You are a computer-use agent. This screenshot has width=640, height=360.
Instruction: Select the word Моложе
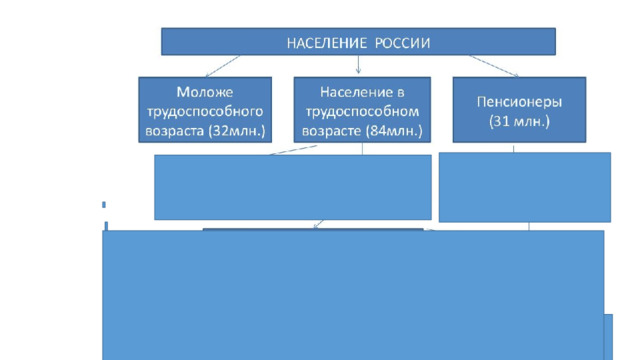[205, 92]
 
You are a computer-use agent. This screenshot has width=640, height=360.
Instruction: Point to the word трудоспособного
[205, 111]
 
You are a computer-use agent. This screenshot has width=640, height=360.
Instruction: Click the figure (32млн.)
[237, 131]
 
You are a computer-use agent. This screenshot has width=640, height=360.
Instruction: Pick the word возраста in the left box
[175, 131]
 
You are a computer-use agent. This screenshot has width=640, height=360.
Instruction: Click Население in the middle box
[351, 92]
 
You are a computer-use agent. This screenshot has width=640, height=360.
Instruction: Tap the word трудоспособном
[362, 111]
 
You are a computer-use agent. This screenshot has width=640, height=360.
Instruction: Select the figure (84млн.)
[394, 131]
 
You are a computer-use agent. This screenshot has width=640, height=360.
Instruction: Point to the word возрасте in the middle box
[331, 131]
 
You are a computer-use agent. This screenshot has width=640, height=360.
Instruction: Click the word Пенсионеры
[519, 102]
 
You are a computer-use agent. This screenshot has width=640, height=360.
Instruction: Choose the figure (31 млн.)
[519, 121]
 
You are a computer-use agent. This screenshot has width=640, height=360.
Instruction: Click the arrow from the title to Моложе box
[223, 66]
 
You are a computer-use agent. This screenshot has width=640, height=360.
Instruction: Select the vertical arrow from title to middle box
[358, 64]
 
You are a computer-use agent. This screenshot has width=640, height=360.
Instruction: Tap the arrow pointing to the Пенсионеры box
[494, 66]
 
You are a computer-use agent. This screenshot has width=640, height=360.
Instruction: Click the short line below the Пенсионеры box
[513, 148]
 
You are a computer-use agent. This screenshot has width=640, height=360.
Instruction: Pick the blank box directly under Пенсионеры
[525, 187]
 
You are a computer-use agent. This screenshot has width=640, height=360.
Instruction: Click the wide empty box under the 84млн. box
[293, 187]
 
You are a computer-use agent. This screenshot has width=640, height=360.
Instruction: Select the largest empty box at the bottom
[353, 295]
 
